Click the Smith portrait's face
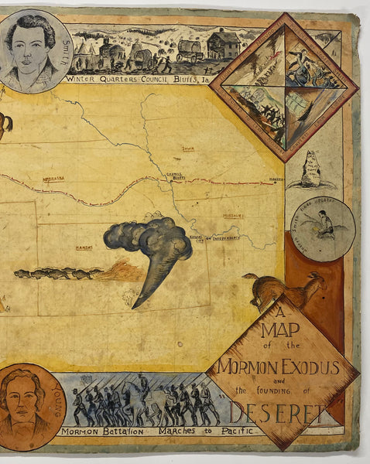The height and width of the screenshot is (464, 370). pyautogui.click(x=31, y=47)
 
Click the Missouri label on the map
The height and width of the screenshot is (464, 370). pyautogui.click(x=233, y=214)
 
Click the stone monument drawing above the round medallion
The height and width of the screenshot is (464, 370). pyautogui.click(x=312, y=169)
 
